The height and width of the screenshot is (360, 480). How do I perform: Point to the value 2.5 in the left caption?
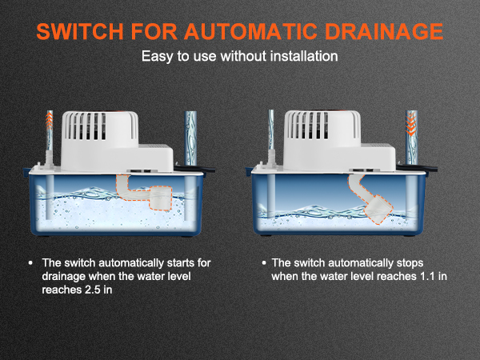[93, 290]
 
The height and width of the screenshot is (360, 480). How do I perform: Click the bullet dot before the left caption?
[30, 263]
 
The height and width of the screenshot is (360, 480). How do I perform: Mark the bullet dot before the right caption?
[264, 263]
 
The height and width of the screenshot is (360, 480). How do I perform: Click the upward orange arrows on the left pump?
[50, 120]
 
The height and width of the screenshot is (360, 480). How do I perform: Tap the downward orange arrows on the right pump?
[411, 125]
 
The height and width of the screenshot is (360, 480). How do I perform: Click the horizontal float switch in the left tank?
[144, 192]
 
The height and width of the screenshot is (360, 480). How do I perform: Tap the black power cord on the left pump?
[195, 168]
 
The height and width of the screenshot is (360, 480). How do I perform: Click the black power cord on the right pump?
[417, 167]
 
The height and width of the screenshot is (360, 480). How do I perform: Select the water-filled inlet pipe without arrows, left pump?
[190, 138]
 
